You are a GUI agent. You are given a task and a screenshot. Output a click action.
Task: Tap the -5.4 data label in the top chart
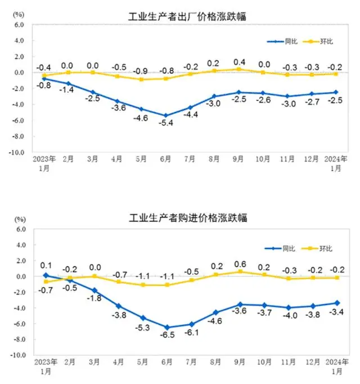pos(168,123)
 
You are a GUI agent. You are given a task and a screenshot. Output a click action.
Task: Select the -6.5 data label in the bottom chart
pos(168,335)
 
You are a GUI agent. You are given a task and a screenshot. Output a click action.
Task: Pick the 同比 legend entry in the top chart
pos(282,41)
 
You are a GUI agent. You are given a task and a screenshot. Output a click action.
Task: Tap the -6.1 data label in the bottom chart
pos(192,332)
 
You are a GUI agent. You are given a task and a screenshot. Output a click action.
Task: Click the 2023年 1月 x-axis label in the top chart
pos(44,163)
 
